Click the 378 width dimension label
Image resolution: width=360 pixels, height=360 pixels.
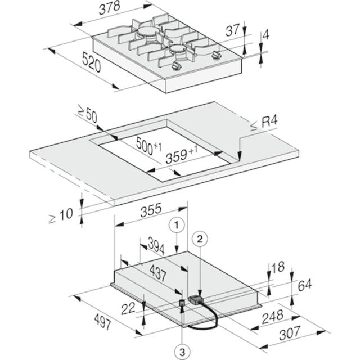(110, 8)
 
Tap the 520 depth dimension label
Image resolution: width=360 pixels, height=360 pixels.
(91, 62)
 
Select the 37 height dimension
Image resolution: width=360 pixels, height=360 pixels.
(232, 30)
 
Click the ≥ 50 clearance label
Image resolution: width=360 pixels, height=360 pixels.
(87, 114)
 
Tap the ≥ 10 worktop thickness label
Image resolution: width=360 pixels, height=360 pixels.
(61, 215)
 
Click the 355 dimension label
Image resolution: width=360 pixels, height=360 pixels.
(151, 210)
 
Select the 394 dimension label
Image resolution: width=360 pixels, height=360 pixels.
(156, 246)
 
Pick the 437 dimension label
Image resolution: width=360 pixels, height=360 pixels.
(158, 272)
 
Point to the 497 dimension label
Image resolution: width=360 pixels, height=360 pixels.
(102, 321)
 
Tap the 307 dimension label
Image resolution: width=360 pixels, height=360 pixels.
(290, 333)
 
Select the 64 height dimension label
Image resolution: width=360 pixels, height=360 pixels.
(305, 284)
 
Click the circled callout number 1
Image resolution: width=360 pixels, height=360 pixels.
(176, 226)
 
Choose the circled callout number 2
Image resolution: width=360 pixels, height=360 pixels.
(200, 239)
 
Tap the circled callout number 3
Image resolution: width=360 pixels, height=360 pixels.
(182, 352)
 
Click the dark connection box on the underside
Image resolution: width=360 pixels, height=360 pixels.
(196, 300)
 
